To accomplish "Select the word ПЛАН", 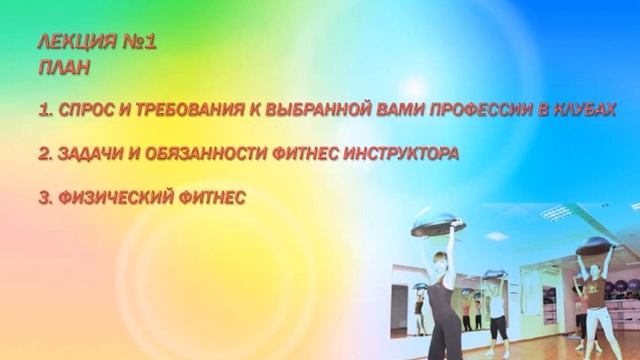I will coord(63,68).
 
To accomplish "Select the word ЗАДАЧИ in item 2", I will coord(90,154).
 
